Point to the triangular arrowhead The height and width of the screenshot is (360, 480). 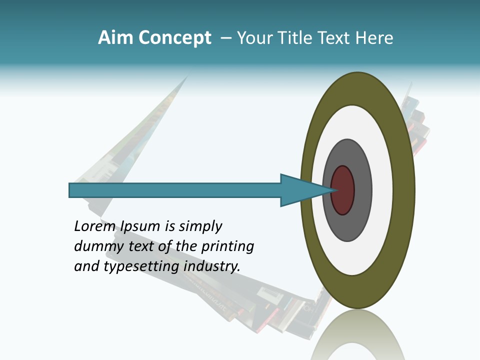pyautogui.click(x=300, y=190)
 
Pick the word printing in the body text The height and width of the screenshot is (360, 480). pyautogui.click(x=227, y=246)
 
